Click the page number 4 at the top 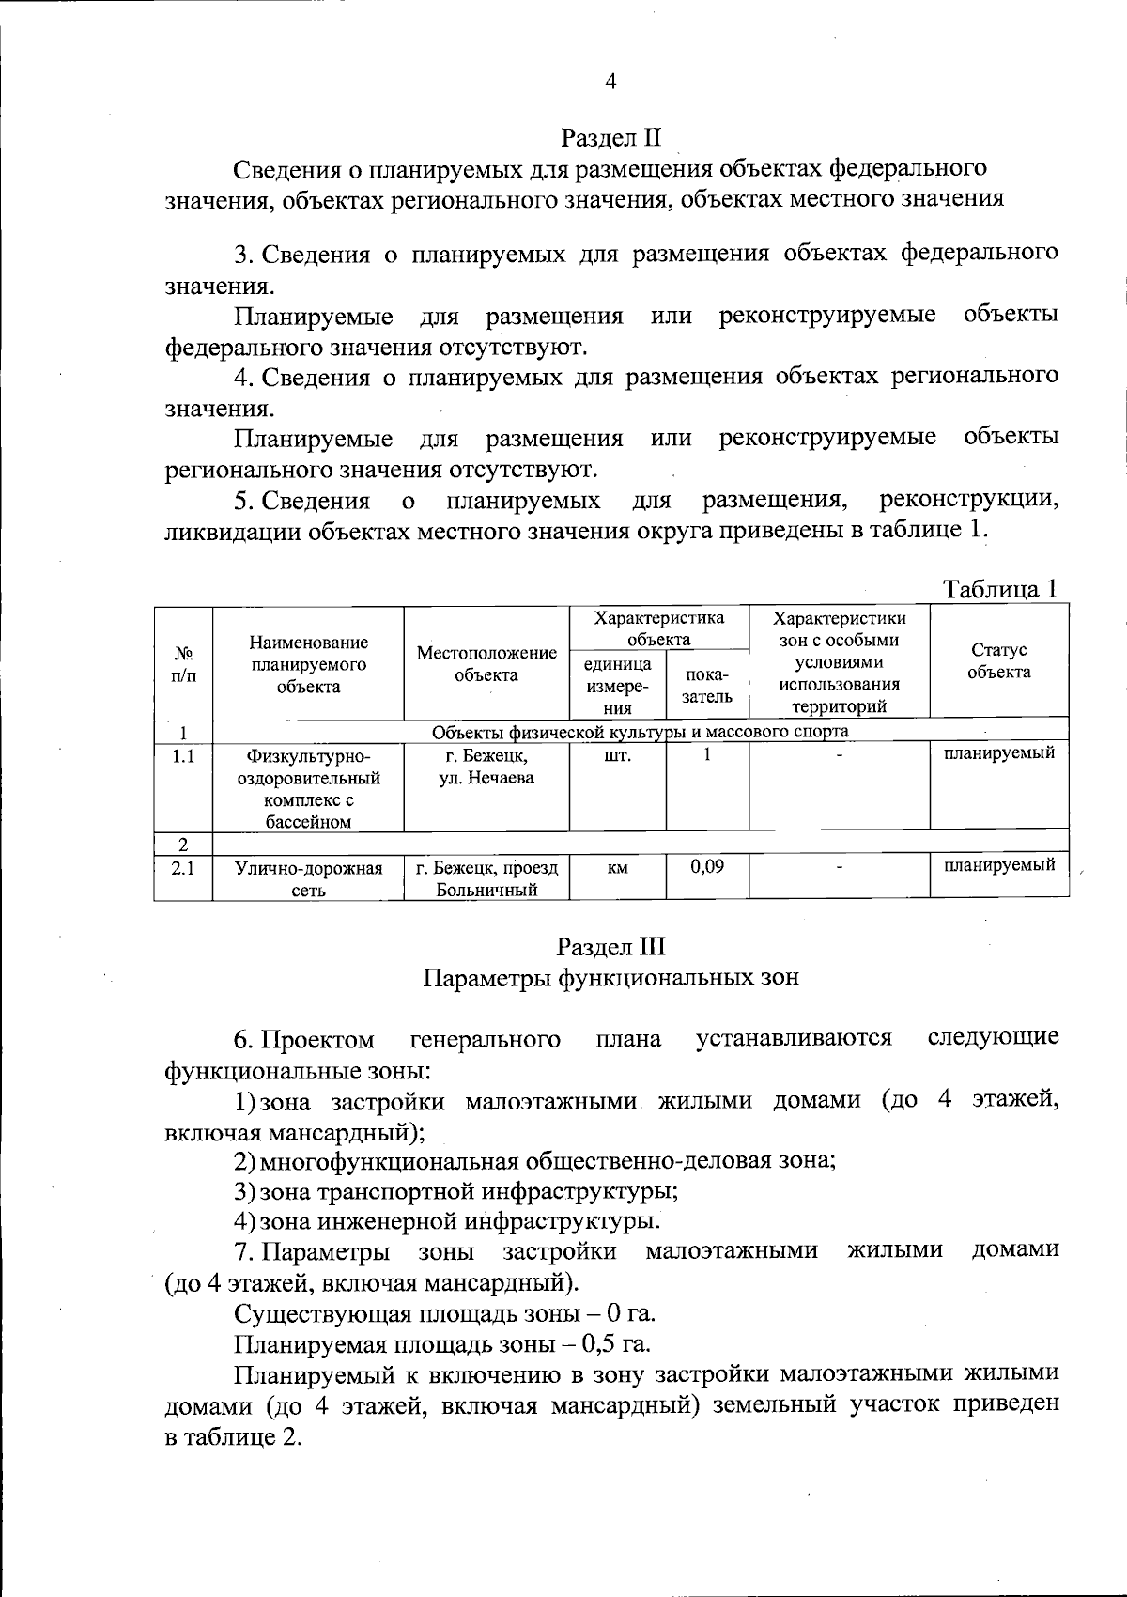[x=610, y=82]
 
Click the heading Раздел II [x=610, y=138]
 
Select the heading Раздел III [x=610, y=945]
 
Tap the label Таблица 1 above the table [x=1000, y=589]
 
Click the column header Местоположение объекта [x=486, y=663]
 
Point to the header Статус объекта [x=998, y=660]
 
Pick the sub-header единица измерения [x=617, y=686]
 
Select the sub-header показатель [x=706, y=686]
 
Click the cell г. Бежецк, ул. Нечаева [x=486, y=767]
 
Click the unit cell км [x=617, y=868]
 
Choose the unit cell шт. [x=617, y=755]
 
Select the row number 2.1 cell [x=183, y=868]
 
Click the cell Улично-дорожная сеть [x=308, y=878]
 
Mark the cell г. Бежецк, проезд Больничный [x=486, y=878]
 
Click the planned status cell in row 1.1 [x=998, y=753]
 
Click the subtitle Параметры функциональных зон [x=610, y=977]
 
